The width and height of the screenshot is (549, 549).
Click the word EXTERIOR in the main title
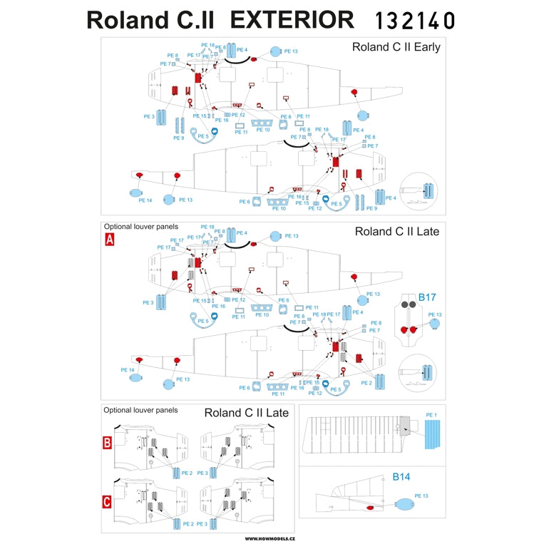tap(292, 19)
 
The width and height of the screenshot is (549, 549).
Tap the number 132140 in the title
tap(414, 20)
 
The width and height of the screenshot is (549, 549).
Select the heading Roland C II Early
tap(396, 47)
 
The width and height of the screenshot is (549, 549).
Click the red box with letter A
tap(110, 240)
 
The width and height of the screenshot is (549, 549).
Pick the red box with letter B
tap(107, 443)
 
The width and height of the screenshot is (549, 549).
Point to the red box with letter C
tap(107, 501)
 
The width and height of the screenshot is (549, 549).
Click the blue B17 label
tap(426, 297)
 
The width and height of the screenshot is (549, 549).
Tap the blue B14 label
tap(402, 477)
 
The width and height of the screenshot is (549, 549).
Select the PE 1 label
tap(430, 415)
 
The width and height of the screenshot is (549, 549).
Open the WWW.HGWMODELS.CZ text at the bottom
tap(275, 538)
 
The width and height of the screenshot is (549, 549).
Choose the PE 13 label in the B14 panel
tap(421, 496)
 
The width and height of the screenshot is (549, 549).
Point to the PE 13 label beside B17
tap(435, 314)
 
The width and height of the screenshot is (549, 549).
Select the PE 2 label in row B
tap(188, 473)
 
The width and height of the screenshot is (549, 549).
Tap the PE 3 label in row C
tap(201, 524)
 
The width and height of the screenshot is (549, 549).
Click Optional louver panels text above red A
tap(140, 226)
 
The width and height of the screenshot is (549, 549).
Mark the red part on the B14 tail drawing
tap(370, 508)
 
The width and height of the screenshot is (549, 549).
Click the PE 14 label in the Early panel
tap(145, 200)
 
